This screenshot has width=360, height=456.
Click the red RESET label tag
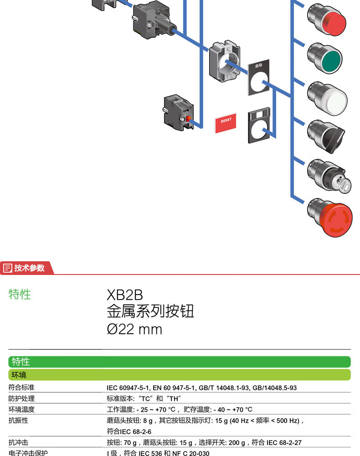pyautogui.click(x=226, y=121)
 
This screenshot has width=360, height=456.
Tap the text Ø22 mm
pyautogui.click(x=134, y=329)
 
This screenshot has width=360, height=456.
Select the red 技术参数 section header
pyautogui.click(x=27, y=268)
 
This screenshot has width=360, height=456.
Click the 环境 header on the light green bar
pyautogui.click(x=19, y=375)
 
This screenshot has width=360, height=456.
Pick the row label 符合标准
pyautogui.click(x=22, y=388)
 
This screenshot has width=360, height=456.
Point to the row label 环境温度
pyautogui.click(x=22, y=409)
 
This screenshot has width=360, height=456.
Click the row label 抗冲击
pyautogui.click(x=19, y=442)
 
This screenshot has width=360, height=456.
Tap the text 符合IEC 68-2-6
pyautogui.click(x=129, y=431)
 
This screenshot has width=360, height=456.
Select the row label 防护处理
pyautogui.click(x=22, y=399)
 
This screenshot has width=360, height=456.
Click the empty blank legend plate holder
pyautogui.click(x=258, y=126)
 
